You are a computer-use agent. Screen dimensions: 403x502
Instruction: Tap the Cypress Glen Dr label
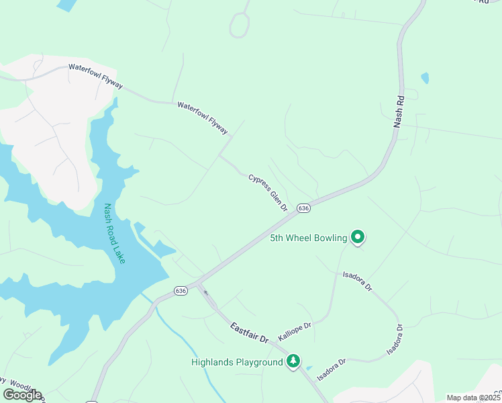(268, 193)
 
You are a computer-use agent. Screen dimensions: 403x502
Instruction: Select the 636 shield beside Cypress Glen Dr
(304, 208)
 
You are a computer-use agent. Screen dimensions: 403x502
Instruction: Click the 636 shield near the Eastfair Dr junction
(181, 291)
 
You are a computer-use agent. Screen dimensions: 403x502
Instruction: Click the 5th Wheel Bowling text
(308, 238)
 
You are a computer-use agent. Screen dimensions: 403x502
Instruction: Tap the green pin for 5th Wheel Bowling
(358, 236)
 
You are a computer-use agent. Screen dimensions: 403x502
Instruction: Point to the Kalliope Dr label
(295, 332)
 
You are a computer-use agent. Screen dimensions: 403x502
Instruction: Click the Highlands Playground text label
(237, 362)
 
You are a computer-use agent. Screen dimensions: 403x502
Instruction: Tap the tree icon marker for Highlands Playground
(293, 361)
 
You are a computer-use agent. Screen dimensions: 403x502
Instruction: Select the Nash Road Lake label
(113, 233)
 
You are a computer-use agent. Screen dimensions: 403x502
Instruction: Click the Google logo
(22, 395)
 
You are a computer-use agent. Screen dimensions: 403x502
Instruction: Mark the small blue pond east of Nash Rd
(424, 78)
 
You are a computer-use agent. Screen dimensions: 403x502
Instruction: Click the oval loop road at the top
(240, 26)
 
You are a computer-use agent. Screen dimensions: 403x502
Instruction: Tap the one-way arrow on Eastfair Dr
(206, 293)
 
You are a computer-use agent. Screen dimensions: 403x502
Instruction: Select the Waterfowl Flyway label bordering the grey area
(95, 76)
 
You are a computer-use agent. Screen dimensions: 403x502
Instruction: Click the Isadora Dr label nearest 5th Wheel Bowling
(357, 280)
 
